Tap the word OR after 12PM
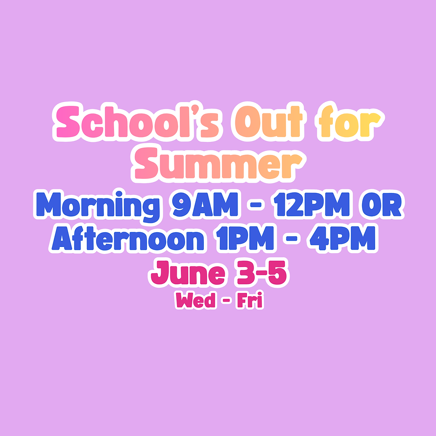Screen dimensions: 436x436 (x=380, y=205)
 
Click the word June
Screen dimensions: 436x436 (x=187, y=274)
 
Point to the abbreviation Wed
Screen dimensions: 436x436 (x=195, y=301)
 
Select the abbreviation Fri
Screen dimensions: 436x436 (x=250, y=301)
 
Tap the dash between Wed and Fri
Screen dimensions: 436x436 (x=226, y=302)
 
